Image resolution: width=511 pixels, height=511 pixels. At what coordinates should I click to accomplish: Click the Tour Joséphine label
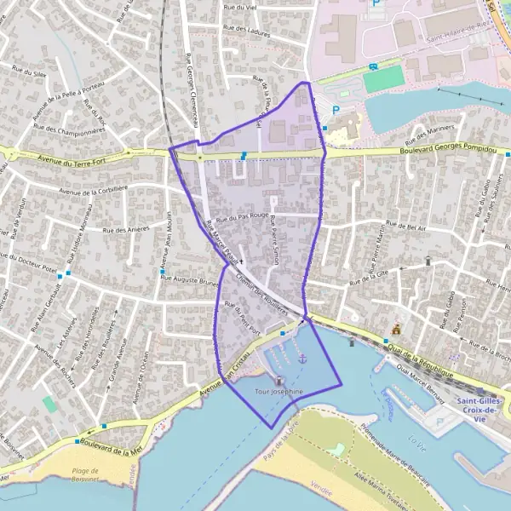tap(279, 391)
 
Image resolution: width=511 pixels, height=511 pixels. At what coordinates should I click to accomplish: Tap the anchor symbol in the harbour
tap(301, 359)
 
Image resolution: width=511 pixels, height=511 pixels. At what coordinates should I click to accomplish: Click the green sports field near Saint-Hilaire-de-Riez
tap(383, 79)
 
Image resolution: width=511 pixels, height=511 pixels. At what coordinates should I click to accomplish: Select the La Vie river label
tap(417, 440)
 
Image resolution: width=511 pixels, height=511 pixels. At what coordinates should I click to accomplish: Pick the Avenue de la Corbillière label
tap(93, 189)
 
